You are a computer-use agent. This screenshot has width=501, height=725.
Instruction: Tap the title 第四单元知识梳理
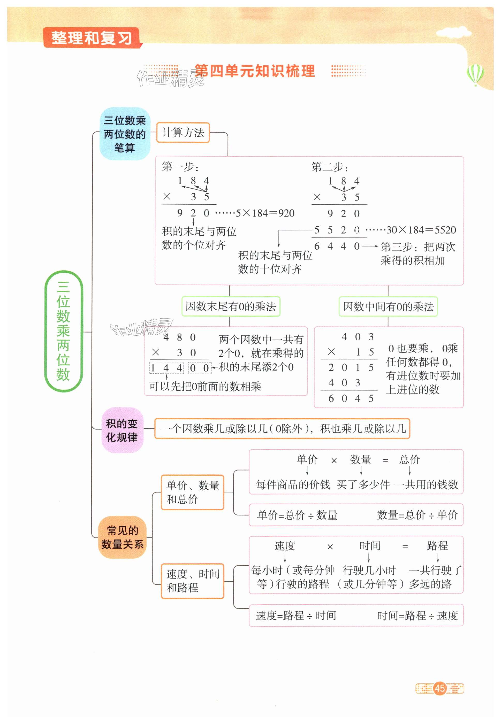click(x=254, y=71)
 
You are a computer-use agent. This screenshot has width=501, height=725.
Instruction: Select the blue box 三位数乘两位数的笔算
click(x=125, y=134)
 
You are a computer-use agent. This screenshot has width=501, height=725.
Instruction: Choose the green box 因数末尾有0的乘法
click(x=231, y=306)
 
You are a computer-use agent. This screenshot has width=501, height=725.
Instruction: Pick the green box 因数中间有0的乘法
click(x=388, y=306)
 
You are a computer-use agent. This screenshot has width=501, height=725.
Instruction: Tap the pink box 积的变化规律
click(x=122, y=430)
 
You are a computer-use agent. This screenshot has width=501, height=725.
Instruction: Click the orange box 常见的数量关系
click(x=122, y=537)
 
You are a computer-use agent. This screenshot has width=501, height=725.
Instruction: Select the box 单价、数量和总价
click(x=192, y=492)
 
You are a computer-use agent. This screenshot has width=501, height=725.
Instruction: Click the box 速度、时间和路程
click(x=192, y=581)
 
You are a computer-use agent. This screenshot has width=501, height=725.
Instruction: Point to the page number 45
click(x=439, y=688)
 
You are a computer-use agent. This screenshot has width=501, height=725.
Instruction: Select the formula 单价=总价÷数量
click(x=297, y=515)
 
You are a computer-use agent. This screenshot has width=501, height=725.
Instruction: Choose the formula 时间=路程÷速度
click(x=417, y=615)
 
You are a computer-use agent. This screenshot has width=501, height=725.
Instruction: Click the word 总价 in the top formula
click(x=409, y=460)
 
